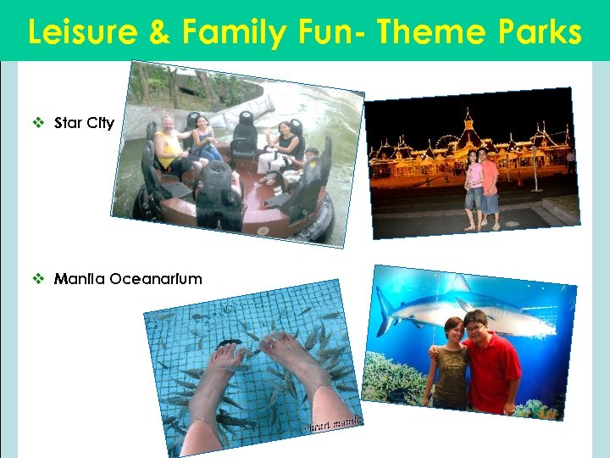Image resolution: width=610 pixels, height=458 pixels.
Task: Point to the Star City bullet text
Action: point(84,123)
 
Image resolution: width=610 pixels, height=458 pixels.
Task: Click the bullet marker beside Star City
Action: point(38,123)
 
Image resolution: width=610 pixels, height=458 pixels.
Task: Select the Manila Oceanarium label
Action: point(128,279)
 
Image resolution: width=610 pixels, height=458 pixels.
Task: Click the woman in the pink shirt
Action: point(472,187)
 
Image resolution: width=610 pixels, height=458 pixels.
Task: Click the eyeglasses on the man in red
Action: point(474,327)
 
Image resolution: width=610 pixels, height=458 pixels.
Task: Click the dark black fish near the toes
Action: point(229,343)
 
